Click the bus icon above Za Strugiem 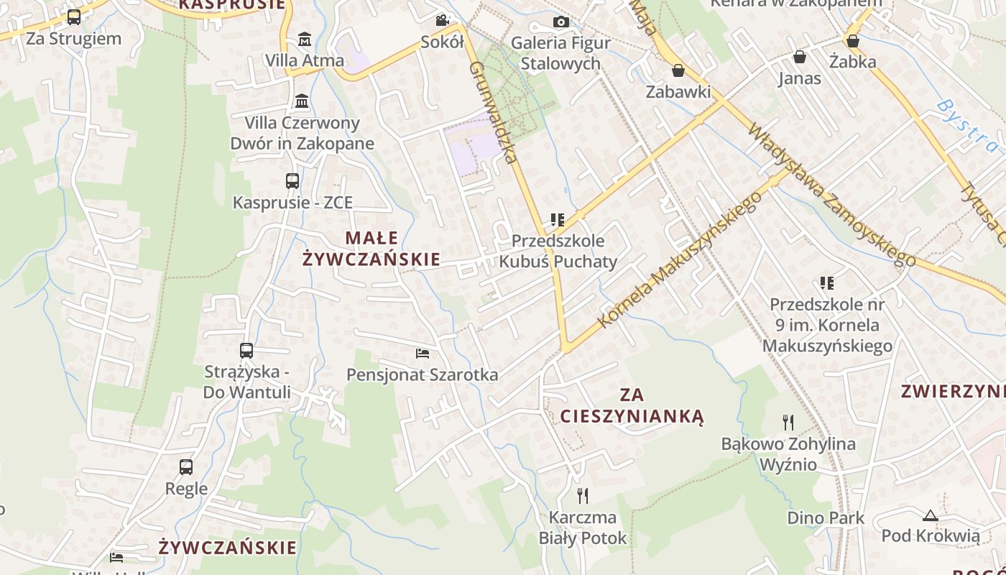coord(73,17)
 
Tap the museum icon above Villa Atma coord(304,39)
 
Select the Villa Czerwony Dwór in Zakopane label coord(302,133)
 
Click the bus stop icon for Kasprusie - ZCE coord(292,181)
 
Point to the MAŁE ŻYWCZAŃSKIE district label coord(372,248)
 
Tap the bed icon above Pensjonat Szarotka coord(423,353)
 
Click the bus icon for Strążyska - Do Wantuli coord(246,351)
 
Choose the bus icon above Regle coord(186,467)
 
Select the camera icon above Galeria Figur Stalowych coord(561,22)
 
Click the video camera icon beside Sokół coord(442,20)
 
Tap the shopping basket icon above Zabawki coord(678,70)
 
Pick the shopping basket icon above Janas coord(799,57)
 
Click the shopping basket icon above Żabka coord(853,41)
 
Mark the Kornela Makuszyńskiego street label coord(679,259)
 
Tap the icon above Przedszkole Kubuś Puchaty coord(558,220)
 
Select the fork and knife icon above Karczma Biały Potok coord(583,495)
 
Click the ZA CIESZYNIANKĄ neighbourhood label coord(632,405)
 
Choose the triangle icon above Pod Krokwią coord(931,515)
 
